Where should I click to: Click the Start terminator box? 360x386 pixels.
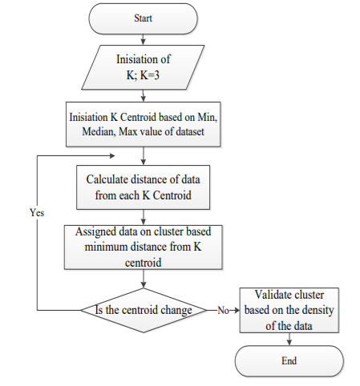(143, 18)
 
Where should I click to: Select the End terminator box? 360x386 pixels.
(289, 361)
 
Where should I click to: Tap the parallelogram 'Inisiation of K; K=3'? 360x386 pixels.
(143, 67)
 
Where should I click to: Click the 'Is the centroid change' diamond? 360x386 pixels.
(144, 310)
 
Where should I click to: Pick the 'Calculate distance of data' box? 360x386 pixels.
(143, 187)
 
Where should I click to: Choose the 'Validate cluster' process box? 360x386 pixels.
(289, 310)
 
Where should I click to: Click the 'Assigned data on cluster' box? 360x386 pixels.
(143, 247)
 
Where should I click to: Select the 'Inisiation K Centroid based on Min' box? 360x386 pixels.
(143, 124)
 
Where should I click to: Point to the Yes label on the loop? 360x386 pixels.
(37, 213)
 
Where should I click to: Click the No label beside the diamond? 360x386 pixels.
(224, 311)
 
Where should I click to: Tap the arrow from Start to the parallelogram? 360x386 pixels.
(144, 39)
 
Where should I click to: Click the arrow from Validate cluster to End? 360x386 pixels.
(289, 340)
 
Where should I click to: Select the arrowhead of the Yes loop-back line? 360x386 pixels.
(112, 155)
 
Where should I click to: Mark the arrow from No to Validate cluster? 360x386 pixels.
(234, 310)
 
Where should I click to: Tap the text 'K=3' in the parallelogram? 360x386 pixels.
(150, 75)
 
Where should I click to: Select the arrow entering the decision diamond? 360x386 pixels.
(144, 279)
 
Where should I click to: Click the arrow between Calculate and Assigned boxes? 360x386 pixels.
(144, 217)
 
